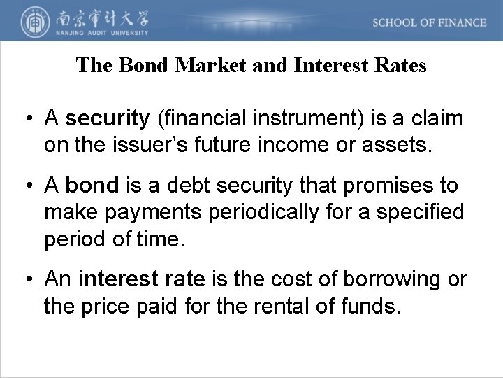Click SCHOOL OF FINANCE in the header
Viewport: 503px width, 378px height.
(429, 22)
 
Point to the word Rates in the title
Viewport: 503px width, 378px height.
(401, 66)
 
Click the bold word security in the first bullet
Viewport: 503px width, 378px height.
(108, 119)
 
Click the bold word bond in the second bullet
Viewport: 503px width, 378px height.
(93, 186)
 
